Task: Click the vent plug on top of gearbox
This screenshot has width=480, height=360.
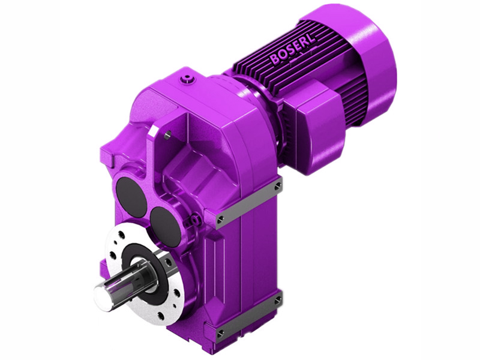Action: tap(190, 78)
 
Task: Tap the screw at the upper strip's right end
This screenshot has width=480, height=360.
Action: tap(278, 187)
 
